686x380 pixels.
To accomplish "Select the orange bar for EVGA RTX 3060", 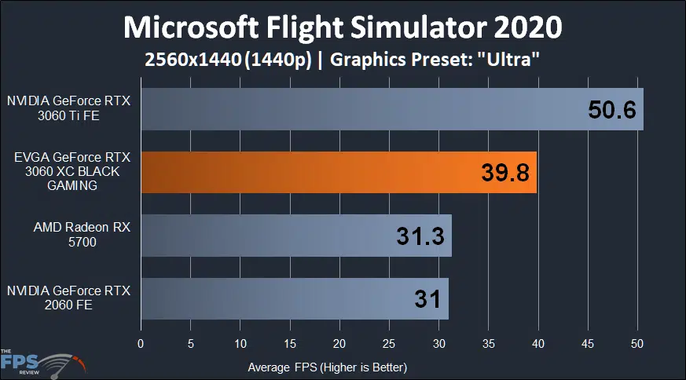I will (x=338, y=173).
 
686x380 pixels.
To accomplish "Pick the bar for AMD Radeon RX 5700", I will (x=295, y=236).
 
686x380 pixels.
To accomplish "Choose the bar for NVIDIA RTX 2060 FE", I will (x=294, y=298).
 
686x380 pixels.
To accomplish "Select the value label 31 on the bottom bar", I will (x=427, y=299).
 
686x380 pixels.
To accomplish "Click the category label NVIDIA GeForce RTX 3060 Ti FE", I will (x=68, y=108).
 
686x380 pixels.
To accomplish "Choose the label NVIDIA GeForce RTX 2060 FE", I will (x=68, y=298).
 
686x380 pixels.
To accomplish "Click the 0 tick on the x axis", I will (x=141, y=343).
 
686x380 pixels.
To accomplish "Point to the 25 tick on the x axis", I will (x=389, y=343).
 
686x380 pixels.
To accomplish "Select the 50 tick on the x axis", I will (x=637, y=343).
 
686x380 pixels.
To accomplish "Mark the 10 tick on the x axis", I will (x=240, y=343).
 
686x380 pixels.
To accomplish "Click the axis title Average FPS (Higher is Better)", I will (x=327, y=367).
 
